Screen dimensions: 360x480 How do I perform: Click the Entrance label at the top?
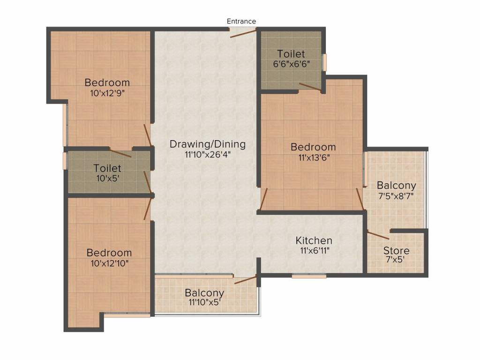241,21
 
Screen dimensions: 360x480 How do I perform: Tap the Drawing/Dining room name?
207,144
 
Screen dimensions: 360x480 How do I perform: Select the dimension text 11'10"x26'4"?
207,154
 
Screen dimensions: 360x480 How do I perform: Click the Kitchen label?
314,240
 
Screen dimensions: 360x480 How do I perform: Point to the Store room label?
396,250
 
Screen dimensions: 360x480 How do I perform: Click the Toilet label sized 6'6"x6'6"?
291,54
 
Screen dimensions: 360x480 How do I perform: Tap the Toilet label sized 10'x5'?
107,168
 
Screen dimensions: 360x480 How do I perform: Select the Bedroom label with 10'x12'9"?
107,82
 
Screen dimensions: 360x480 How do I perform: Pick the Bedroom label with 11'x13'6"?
313,147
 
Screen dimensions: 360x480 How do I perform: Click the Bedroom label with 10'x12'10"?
109,253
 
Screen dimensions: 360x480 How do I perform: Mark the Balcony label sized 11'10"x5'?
204,293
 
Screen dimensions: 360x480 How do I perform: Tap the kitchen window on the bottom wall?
309,276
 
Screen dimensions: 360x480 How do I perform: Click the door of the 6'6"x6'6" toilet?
310,87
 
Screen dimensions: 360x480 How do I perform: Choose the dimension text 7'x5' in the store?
396,260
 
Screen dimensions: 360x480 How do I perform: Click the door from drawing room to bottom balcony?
245,280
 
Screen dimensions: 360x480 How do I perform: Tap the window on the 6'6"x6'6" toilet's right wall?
324,62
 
